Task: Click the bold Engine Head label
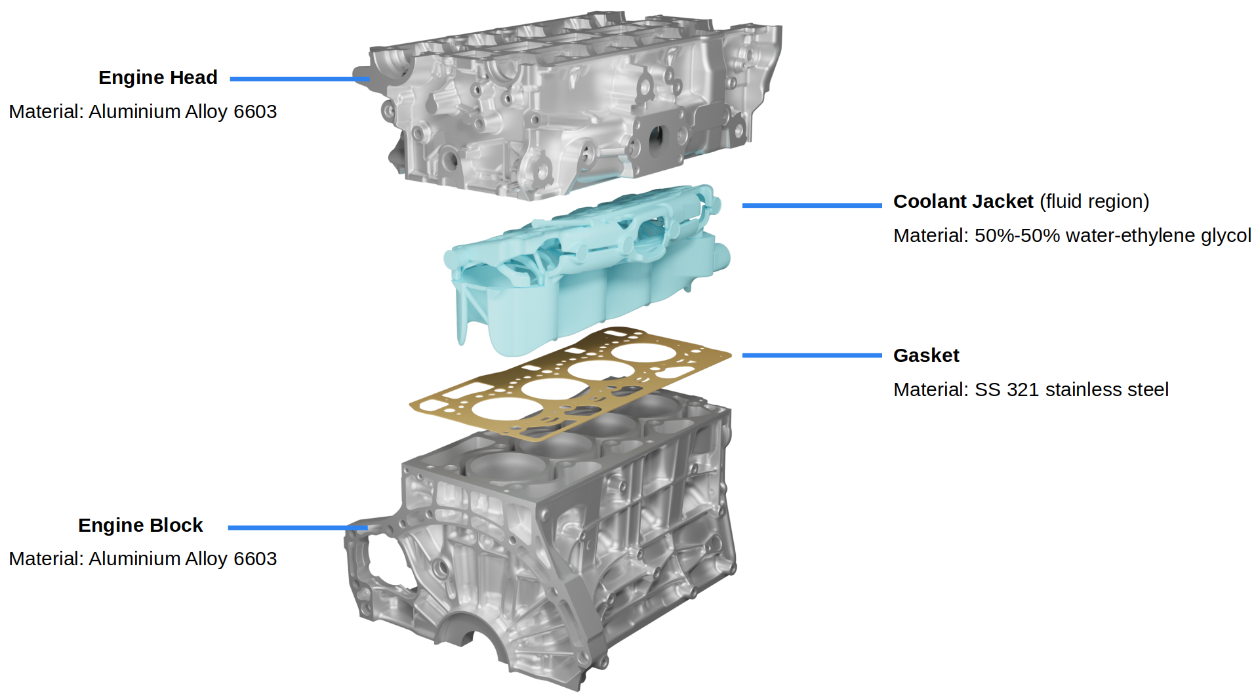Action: pyautogui.click(x=157, y=77)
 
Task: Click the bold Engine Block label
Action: pyautogui.click(x=140, y=525)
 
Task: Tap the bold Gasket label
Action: pyautogui.click(x=925, y=355)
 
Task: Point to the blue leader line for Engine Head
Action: pyautogui.click(x=298, y=79)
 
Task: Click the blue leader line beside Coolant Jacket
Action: pyautogui.click(x=811, y=205)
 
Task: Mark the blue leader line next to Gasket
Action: pyautogui.click(x=811, y=355)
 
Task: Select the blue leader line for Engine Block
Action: pyautogui.click(x=296, y=527)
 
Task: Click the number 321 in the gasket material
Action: pyautogui.click(x=1023, y=389)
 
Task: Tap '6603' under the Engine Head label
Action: pyautogui.click(x=255, y=111)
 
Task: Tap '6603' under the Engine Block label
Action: pyautogui.click(x=255, y=559)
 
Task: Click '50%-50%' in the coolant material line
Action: pyautogui.click(x=1017, y=235)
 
